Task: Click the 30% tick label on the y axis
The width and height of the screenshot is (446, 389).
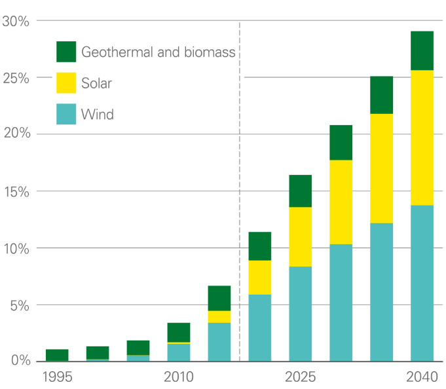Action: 16,21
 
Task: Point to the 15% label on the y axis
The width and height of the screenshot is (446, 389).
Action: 16,192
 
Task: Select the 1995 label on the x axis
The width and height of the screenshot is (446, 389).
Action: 57,377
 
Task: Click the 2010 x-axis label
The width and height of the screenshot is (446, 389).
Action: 179,377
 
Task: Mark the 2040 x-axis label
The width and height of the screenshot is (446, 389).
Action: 422,377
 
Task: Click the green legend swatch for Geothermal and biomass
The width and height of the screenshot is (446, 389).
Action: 66,52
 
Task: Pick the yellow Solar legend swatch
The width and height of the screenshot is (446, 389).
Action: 66,83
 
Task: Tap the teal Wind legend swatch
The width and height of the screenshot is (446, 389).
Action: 66,115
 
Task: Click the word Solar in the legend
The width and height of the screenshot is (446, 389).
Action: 97,84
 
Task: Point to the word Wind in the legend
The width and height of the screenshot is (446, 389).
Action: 98,115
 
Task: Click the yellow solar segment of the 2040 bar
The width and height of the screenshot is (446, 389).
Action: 422,138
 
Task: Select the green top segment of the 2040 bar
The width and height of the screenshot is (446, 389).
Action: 422,50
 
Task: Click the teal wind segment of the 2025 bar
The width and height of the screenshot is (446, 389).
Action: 301,314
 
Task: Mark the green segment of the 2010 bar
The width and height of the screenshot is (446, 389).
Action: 179,332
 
